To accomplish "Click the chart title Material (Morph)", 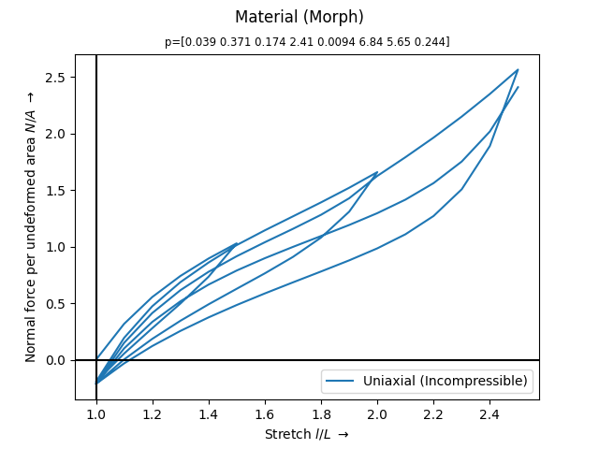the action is [299, 17].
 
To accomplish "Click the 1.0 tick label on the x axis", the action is [96, 414].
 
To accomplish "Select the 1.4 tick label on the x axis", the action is [209, 414].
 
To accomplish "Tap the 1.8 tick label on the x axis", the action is [321, 414].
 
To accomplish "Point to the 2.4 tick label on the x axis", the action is [489, 414].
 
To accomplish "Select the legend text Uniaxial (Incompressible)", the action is [446, 381].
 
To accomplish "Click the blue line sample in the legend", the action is [340, 381].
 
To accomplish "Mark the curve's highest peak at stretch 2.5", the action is [518, 69].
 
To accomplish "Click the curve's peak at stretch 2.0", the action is [377, 172].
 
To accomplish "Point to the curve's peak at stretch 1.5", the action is [237, 243].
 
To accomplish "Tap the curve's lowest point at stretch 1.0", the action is [96, 384].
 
